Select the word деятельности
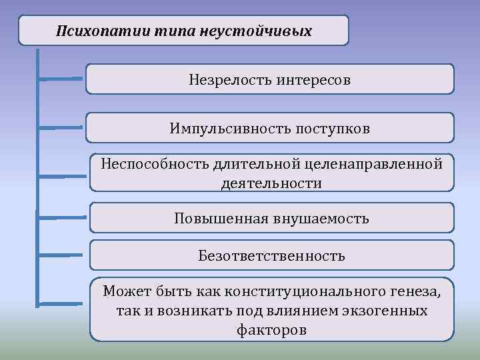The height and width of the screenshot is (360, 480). coord(271,183)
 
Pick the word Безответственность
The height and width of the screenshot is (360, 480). coord(271,255)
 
